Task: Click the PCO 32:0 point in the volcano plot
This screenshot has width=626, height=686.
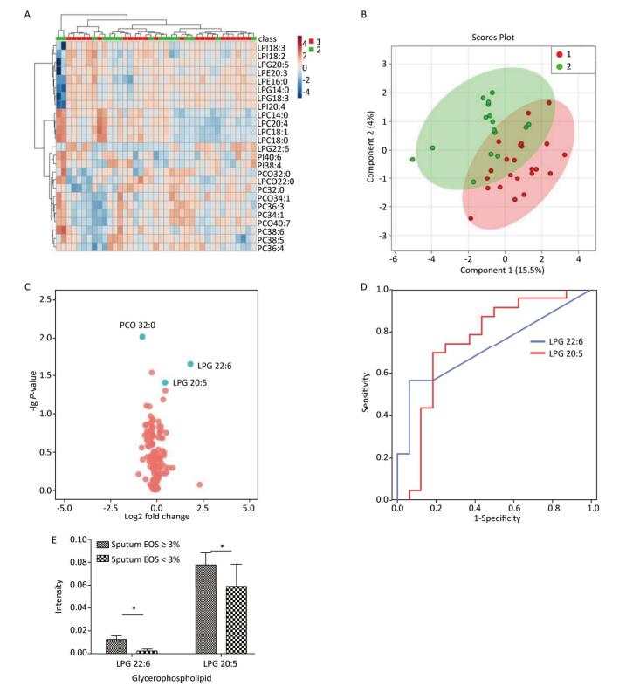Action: pyautogui.click(x=142, y=337)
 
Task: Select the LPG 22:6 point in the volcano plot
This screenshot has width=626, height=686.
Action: pyautogui.click(x=190, y=364)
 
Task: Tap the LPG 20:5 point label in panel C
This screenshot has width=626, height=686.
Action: pyautogui.click(x=192, y=383)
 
